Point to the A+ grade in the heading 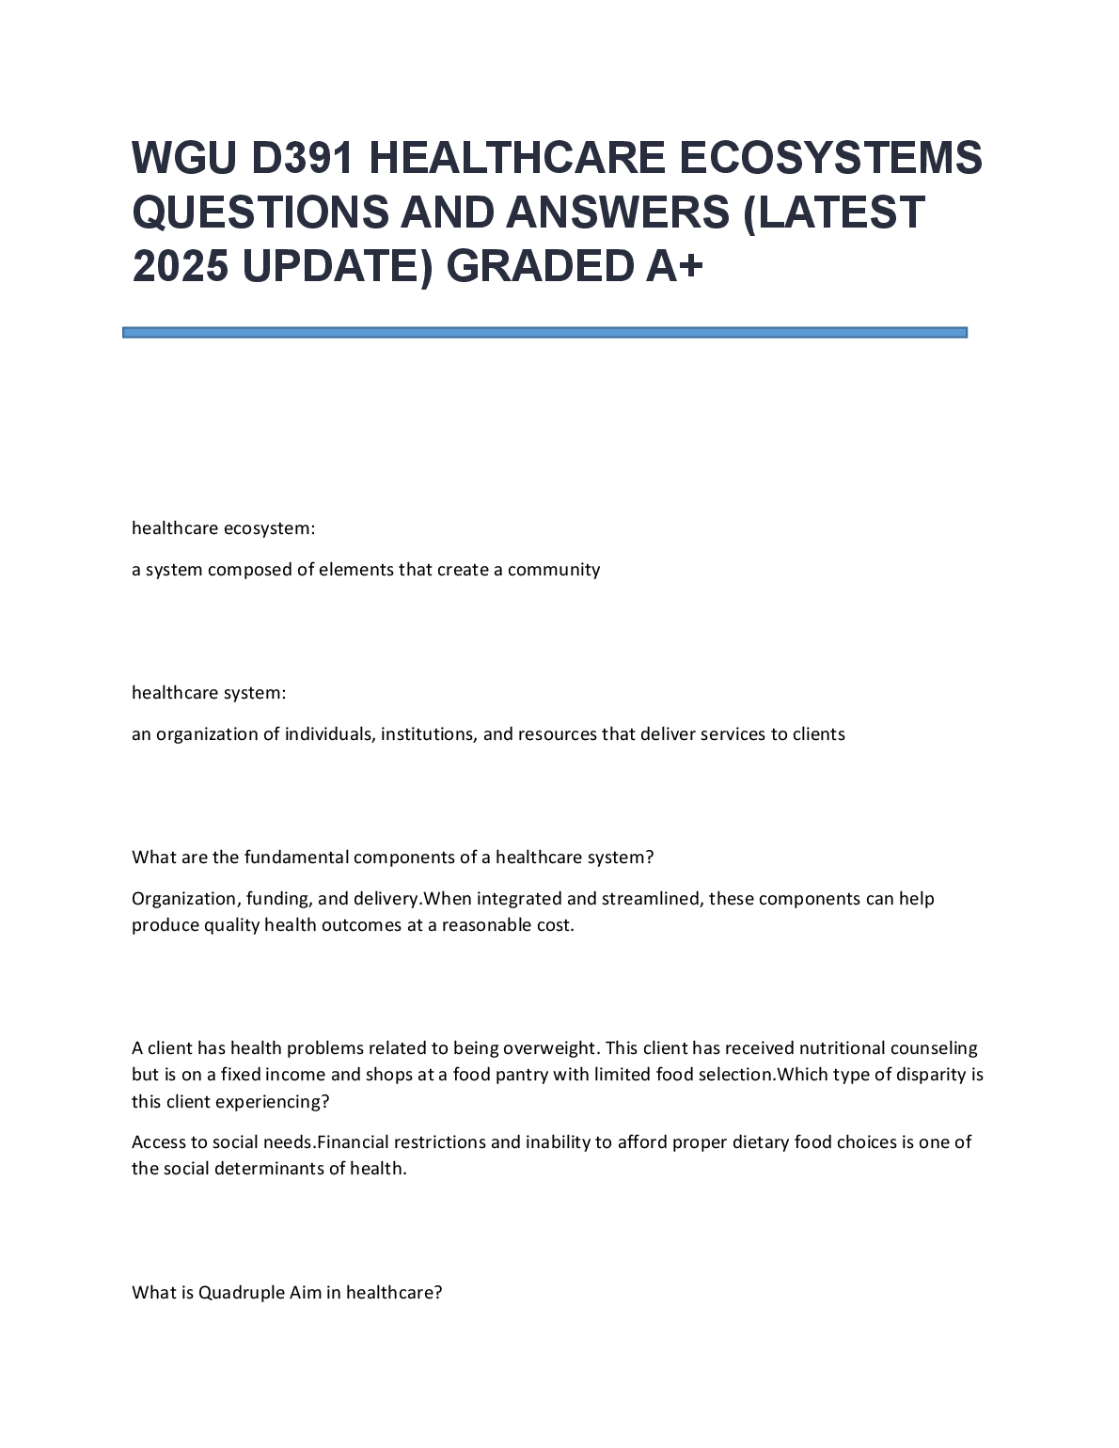pyautogui.click(x=673, y=267)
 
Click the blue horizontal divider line pyautogui.click(x=544, y=332)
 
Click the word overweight pyautogui.click(x=549, y=1048)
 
